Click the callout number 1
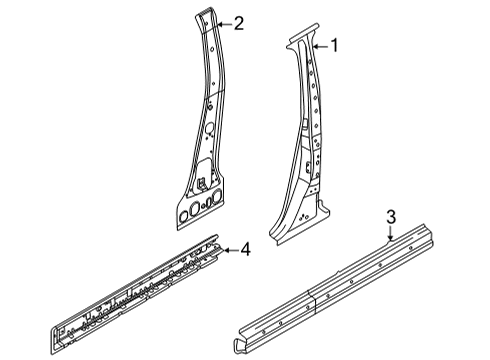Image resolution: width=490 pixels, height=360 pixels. tap(335, 44)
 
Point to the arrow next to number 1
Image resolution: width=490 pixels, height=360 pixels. tap(320, 45)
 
